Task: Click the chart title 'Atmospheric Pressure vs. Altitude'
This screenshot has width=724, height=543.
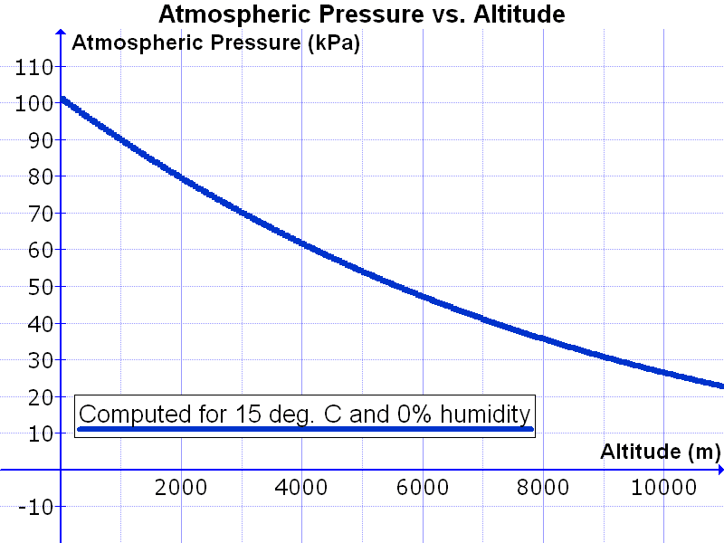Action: [362, 14]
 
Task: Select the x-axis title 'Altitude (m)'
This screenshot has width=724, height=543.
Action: [660, 451]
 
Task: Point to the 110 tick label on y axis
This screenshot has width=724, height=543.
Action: [32, 67]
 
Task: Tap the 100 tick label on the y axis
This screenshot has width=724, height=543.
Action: [32, 103]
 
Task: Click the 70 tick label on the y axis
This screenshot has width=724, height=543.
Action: [37, 214]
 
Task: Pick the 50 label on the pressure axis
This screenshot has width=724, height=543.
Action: [37, 287]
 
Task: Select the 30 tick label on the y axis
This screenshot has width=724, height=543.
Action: [37, 360]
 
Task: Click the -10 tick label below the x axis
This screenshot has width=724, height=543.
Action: [33, 507]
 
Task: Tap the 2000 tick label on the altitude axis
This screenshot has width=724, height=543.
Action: [180, 487]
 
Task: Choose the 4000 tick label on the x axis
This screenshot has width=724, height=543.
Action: [301, 487]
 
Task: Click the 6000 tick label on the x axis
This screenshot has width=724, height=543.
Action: [422, 487]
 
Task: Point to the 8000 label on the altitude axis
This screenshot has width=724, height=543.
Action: [542, 487]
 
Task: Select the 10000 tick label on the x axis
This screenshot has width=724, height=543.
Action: [662, 487]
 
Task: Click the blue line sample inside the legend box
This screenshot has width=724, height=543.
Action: [306, 429]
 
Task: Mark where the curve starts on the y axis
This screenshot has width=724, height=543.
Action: [62, 99]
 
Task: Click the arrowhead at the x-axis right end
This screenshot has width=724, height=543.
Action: [718, 470]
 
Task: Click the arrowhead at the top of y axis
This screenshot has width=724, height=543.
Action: [61, 38]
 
